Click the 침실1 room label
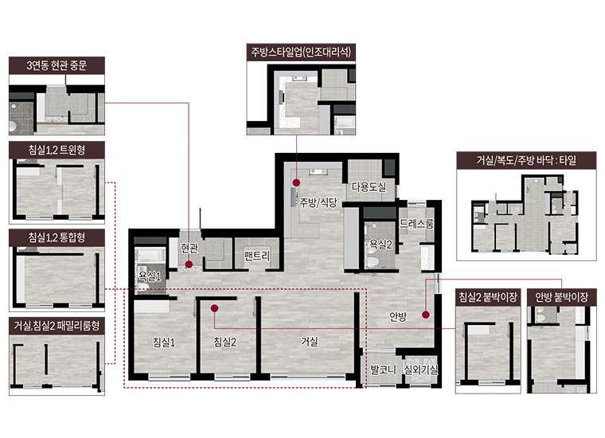(164, 342)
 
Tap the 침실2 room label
(225, 342)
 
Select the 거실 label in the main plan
(310, 341)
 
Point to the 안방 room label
(398, 317)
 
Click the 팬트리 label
(257, 256)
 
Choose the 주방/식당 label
(318, 202)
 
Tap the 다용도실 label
(369, 187)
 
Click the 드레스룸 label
(416, 224)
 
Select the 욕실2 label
(381, 244)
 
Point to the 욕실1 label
(150, 276)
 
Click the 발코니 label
(383, 370)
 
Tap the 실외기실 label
(421, 370)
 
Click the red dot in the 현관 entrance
(189, 264)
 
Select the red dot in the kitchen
(296, 182)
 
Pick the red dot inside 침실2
(214, 308)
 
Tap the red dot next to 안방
(426, 315)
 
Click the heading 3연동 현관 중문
(57, 65)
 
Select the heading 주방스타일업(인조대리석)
(301, 52)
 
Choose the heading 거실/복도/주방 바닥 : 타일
(526, 160)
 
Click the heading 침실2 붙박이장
(488, 297)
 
